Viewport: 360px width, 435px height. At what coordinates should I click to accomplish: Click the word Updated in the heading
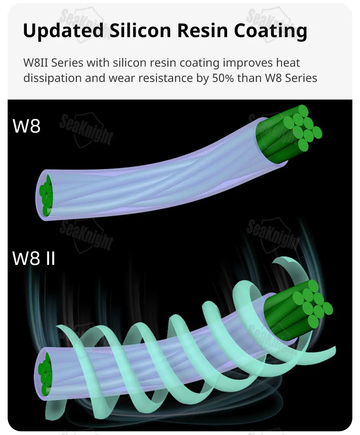coord(63,31)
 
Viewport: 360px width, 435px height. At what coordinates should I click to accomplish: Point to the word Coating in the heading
coord(270,31)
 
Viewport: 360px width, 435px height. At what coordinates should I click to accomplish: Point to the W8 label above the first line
coord(26,126)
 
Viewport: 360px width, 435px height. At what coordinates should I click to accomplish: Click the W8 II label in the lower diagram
coord(34,258)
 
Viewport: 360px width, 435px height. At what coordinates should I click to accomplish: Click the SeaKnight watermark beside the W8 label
coord(87,128)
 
